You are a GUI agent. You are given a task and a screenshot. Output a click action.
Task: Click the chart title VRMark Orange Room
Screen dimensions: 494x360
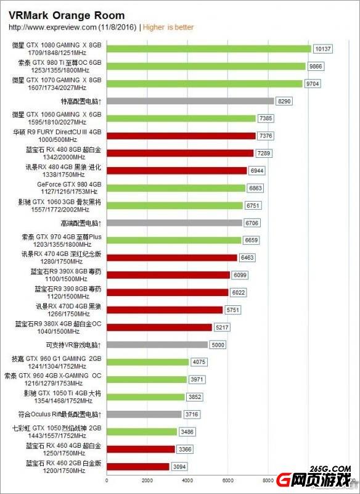[x=67, y=15]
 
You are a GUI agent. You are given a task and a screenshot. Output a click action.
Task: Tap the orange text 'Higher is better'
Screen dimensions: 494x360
[x=168, y=27]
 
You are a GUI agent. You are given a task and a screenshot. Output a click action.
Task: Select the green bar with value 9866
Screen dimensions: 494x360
[x=206, y=66]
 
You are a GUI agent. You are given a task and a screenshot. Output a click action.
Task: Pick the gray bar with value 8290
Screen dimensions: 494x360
[x=190, y=101]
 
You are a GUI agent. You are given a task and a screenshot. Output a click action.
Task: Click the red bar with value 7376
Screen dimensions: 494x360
[x=181, y=136]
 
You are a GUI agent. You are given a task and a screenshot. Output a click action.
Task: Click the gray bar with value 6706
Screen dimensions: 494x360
[x=174, y=223]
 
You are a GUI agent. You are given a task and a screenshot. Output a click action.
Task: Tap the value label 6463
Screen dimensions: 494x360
[x=248, y=257]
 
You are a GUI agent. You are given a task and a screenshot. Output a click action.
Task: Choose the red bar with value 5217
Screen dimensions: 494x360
[x=159, y=327]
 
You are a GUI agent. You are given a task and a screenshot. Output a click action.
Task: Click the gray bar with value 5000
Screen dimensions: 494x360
[x=157, y=345]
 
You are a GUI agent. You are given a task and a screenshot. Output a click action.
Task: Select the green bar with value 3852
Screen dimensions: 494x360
[x=145, y=397]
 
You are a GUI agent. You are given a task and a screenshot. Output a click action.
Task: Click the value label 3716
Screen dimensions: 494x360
[x=194, y=414]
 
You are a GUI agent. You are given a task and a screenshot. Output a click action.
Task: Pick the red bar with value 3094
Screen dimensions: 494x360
[x=138, y=467]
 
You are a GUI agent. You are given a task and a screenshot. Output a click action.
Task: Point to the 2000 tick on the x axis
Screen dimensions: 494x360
[x=147, y=480]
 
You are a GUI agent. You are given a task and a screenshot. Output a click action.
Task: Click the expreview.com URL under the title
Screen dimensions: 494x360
[x=53, y=27]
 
